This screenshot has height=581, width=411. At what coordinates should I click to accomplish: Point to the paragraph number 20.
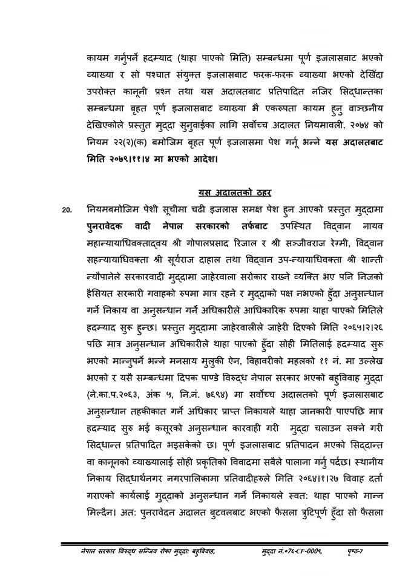(68, 210)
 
